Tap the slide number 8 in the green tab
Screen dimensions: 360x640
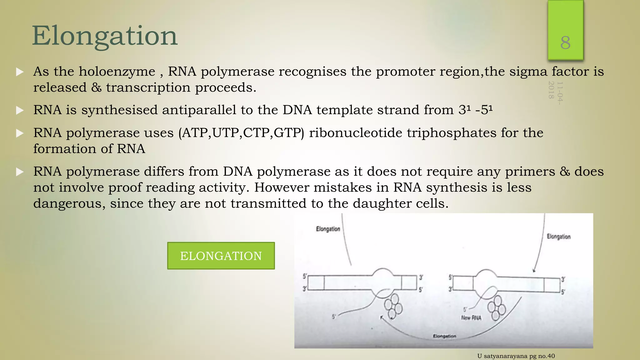565,43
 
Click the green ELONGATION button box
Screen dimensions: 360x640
221,256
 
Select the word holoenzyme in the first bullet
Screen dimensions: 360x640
117,72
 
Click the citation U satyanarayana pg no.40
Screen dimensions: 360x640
516,356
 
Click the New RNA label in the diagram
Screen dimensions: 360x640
471,318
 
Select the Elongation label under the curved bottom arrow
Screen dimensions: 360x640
444,336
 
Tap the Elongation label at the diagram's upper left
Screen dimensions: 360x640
328,229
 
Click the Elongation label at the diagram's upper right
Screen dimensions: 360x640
558,237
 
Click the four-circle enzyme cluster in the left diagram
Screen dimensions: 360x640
393,306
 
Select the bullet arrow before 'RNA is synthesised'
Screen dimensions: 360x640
20,110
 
